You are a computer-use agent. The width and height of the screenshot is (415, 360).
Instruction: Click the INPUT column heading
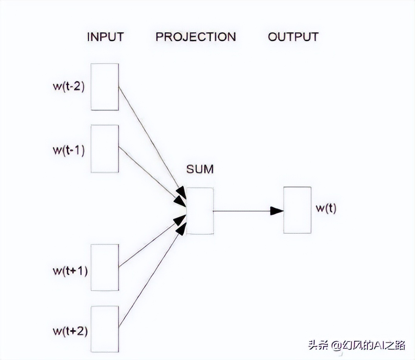(105, 37)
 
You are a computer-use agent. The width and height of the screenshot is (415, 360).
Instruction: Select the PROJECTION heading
(195, 37)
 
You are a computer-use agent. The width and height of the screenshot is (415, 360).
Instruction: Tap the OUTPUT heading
(293, 37)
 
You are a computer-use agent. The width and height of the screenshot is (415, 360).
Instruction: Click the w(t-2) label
(69, 86)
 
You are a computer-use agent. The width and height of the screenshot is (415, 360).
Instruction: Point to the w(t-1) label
(69, 151)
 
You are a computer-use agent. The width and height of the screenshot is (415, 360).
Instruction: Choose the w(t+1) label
(70, 271)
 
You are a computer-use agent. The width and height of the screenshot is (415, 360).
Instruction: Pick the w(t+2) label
(70, 331)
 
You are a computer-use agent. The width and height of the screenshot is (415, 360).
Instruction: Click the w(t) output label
(326, 209)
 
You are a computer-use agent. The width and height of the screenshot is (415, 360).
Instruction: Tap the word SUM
(200, 170)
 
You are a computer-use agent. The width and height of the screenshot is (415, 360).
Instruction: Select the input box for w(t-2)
(105, 87)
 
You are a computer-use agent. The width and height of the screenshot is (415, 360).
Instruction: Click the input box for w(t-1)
(105, 149)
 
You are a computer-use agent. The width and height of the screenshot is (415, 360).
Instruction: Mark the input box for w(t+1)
(105, 268)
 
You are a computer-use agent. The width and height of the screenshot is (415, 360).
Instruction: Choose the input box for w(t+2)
(105, 329)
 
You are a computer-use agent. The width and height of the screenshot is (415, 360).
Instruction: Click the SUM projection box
(200, 211)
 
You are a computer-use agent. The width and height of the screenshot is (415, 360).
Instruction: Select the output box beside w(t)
(297, 210)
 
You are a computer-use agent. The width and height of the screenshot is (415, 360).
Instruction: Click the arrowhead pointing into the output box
(277, 211)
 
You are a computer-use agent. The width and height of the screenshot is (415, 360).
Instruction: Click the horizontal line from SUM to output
(242, 211)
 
